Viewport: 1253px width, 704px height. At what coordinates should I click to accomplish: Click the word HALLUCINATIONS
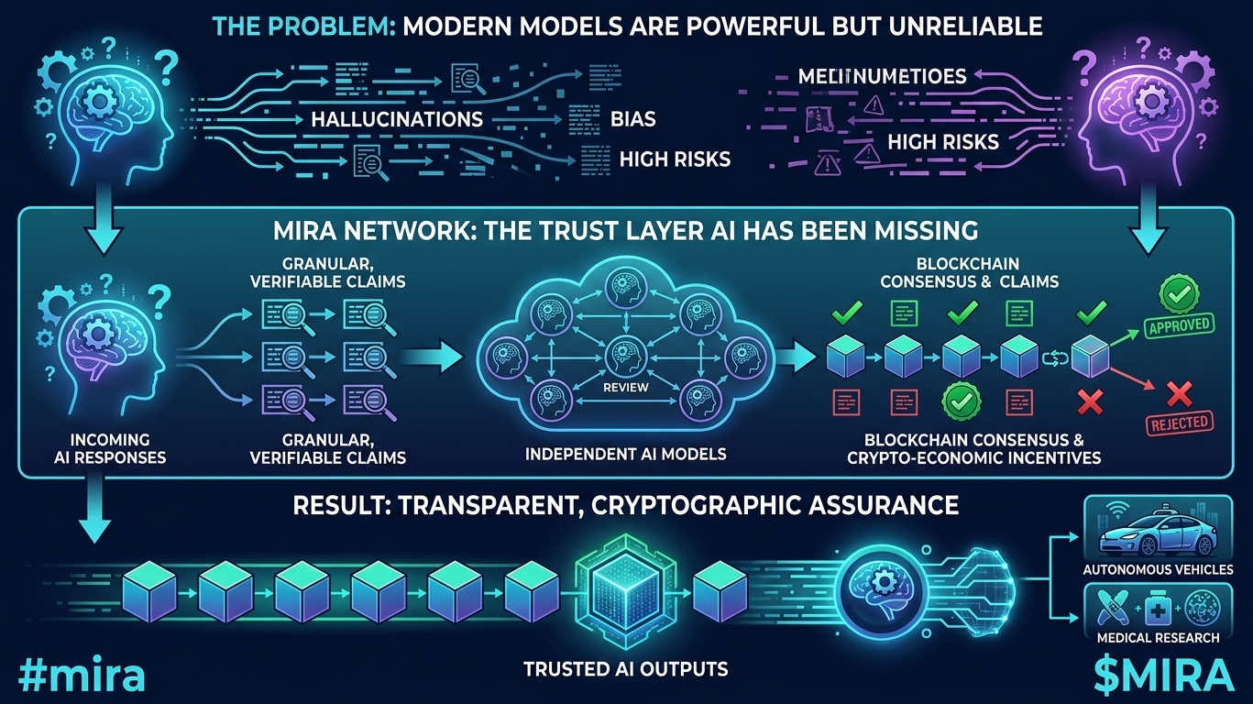pos(397,120)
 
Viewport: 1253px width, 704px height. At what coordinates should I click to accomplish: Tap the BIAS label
pos(632,120)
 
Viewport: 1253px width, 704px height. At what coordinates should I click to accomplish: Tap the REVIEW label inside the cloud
pos(625,387)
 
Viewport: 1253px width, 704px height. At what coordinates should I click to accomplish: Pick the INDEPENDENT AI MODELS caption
pos(625,454)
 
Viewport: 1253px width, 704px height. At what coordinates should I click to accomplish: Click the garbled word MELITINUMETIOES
pos(868,76)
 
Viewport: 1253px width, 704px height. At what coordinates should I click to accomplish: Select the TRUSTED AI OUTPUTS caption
pos(625,668)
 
